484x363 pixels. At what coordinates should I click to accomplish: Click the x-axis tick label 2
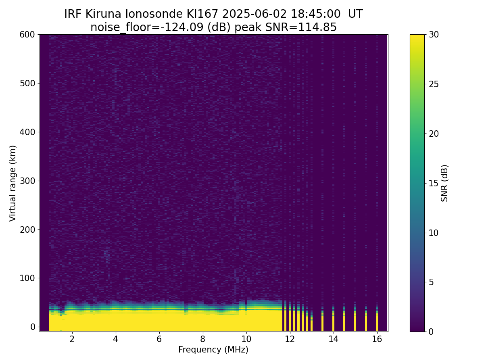pyautogui.click(x=72, y=339)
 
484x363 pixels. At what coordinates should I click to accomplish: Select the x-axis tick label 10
pyautogui.click(x=246, y=339)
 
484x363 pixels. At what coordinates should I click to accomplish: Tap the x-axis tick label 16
pyautogui.click(x=377, y=339)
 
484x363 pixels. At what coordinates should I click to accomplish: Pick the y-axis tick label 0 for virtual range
pyautogui.click(x=33, y=327)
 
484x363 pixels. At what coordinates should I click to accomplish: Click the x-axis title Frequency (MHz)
pyautogui.click(x=213, y=350)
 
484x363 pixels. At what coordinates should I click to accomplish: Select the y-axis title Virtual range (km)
pyautogui.click(x=13, y=183)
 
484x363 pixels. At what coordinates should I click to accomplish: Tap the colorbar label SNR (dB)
pyautogui.click(x=444, y=183)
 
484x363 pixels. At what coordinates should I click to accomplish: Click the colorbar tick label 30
pyautogui.click(x=434, y=35)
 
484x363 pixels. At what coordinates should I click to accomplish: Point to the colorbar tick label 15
pyautogui.click(x=434, y=183)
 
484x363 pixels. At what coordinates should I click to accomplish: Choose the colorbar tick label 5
pyautogui.click(x=431, y=282)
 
